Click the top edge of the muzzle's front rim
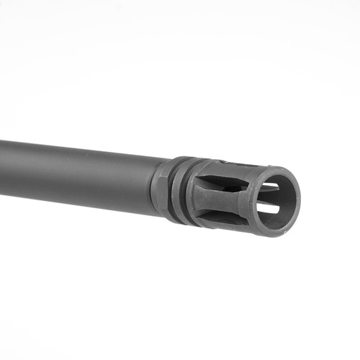coord(277,170)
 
